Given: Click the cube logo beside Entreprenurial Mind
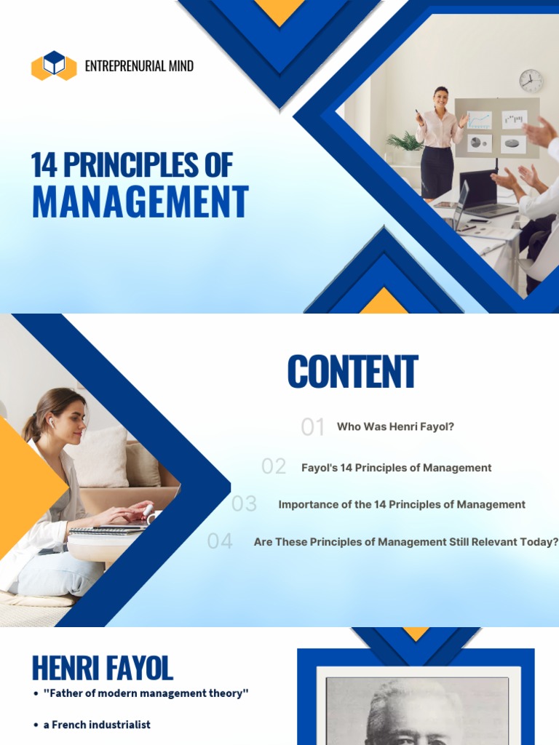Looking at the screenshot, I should [54, 65].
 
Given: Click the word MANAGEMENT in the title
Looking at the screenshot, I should [140, 202].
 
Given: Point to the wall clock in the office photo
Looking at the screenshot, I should [531, 81].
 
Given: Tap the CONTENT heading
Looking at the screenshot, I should [352, 372].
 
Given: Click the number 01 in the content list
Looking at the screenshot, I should [313, 427].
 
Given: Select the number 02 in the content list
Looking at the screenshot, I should [274, 467].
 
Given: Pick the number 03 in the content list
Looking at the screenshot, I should [245, 504].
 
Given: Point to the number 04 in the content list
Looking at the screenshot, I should [220, 541].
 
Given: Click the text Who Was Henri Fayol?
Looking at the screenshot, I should [395, 427].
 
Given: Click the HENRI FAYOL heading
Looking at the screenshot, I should [102, 668].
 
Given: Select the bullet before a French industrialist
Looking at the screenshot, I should [36, 725].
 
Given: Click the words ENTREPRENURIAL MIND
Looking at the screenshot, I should [139, 66].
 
